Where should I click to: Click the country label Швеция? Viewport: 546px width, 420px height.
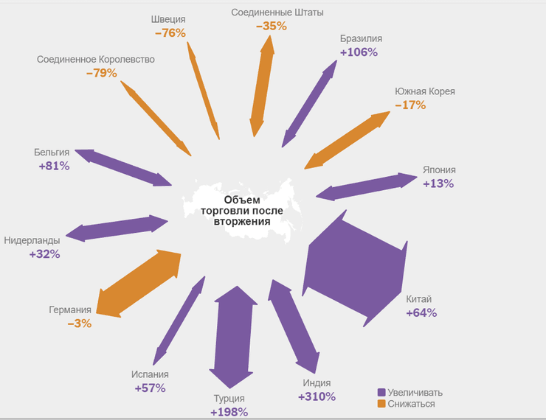(x=167, y=20)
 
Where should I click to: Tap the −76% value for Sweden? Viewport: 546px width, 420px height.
(x=170, y=33)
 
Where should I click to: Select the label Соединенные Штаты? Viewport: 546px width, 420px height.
(x=277, y=13)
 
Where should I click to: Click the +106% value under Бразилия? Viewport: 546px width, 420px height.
(x=359, y=52)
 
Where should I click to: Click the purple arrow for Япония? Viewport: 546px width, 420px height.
(x=367, y=186)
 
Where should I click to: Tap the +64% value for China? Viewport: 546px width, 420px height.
(x=421, y=312)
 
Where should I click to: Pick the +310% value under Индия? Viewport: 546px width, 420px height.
(x=317, y=396)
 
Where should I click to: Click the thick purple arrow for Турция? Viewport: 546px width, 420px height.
(x=232, y=335)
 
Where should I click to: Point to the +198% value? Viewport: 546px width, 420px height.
(x=229, y=412)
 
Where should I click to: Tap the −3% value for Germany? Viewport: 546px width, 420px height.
(x=79, y=323)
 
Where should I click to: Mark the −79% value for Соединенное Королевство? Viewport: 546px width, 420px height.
(x=101, y=73)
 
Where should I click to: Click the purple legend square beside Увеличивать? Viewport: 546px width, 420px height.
(x=381, y=393)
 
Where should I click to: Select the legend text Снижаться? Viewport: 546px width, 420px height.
(x=411, y=404)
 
